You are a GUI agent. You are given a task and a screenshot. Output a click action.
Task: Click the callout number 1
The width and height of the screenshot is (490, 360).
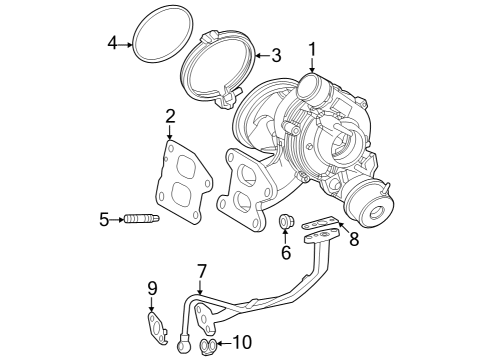click(312, 48)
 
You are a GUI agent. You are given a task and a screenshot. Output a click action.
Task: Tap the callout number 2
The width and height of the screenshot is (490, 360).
click(171, 116)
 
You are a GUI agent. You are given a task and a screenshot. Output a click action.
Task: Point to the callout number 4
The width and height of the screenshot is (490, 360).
click(113, 42)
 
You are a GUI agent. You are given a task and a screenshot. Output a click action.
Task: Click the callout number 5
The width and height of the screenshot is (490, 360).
click(104, 219)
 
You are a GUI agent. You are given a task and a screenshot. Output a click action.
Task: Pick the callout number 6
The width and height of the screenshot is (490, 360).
click(286, 254)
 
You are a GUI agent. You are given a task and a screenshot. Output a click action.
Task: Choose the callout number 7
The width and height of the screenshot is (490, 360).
click(201, 271)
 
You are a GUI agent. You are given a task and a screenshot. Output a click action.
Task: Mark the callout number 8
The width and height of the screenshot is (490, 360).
click(353, 240)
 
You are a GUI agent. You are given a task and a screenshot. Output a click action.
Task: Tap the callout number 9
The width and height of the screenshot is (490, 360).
click(152, 288)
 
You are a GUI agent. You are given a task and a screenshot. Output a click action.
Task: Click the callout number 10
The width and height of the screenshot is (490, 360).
click(243, 344)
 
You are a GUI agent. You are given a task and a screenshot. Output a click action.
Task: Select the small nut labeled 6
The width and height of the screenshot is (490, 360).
click(286, 221)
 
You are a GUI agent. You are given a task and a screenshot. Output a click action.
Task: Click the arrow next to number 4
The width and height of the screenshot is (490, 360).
click(127, 42)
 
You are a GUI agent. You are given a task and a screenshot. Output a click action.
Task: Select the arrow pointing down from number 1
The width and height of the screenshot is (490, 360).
click(312, 64)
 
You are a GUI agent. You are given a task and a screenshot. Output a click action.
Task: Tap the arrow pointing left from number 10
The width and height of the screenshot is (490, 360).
click(224, 344)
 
